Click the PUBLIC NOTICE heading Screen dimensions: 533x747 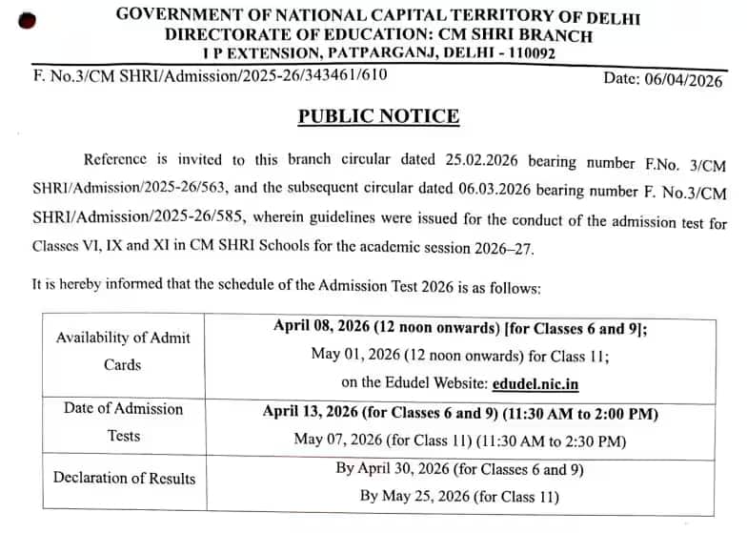[378, 116]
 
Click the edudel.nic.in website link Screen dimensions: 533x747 [536, 384]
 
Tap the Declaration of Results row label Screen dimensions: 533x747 [124, 478]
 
